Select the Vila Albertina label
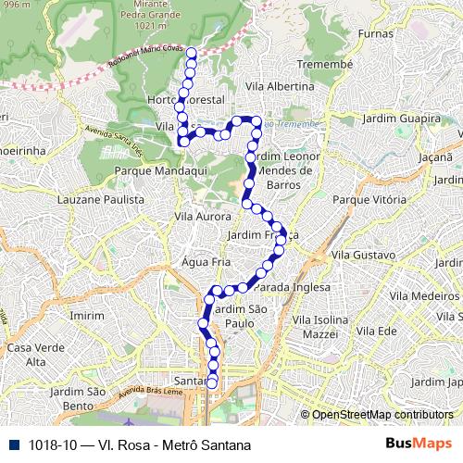point(275,85)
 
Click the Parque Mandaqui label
point(152,171)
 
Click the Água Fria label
point(206,261)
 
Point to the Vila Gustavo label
point(363,254)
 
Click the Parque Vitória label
point(364,200)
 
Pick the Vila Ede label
point(377,331)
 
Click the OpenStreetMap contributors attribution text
point(382,415)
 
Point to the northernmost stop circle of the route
point(191,53)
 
